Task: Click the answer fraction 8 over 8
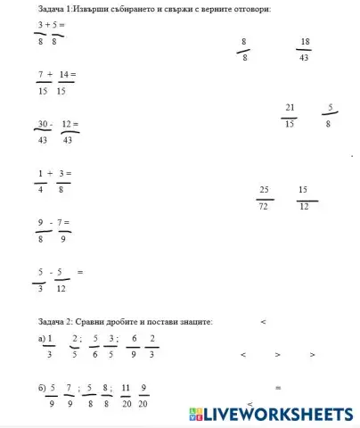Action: (x=245, y=48)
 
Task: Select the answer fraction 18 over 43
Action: (x=305, y=48)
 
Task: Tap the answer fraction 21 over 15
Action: (x=290, y=115)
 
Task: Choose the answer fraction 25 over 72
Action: (x=264, y=198)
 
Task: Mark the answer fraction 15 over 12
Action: (x=303, y=198)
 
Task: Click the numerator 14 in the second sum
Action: (x=66, y=74)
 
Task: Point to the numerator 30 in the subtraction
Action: (x=43, y=124)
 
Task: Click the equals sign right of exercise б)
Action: (x=278, y=388)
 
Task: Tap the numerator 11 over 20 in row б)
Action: (x=126, y=388)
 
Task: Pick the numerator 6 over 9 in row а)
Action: (x=134, y=338)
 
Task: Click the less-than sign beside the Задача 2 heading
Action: (x=263, y=321)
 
